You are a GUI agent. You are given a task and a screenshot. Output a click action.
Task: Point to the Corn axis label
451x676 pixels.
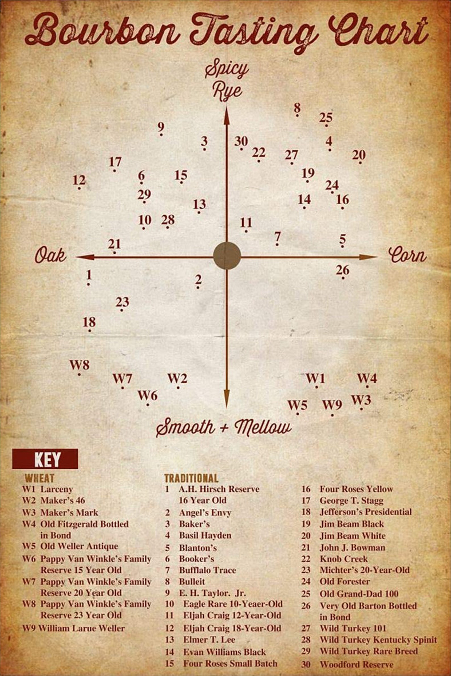(407, 255)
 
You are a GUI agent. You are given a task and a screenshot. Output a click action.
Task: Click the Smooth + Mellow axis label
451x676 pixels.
(224, 427)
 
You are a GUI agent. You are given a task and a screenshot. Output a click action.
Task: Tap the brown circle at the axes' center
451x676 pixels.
(227, 255)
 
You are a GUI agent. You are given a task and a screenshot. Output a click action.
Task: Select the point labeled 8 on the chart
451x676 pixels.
(297, 110)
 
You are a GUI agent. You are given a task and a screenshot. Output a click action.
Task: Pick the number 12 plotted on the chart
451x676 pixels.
(79, 181)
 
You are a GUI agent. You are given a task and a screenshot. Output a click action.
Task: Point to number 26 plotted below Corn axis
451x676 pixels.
(343, 270)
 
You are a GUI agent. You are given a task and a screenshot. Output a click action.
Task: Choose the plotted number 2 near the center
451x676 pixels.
(198, 280)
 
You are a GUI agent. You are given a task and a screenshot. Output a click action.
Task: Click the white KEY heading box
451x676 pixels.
(45, 459)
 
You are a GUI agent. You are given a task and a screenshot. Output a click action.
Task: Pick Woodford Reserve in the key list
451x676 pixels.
(356, 670)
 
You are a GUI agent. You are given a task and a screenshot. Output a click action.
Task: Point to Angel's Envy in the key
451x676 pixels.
(205, 513)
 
